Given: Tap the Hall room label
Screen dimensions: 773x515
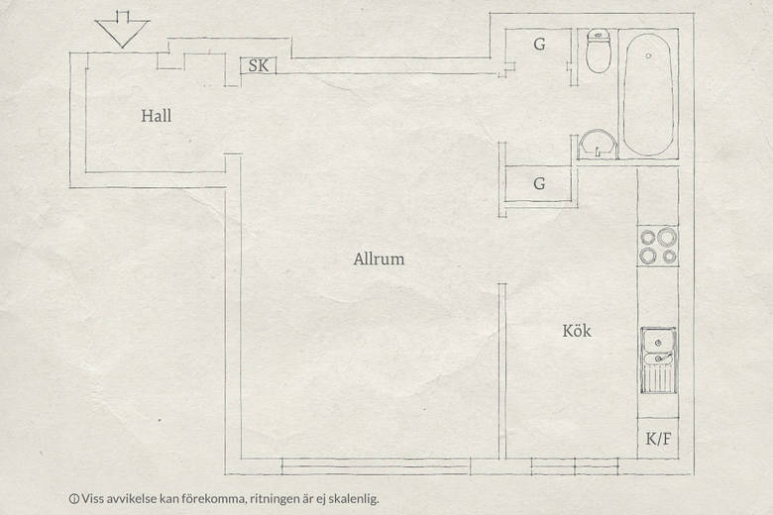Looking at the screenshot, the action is (157, 116).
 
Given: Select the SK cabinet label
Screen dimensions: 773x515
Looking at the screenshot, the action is (259, 65).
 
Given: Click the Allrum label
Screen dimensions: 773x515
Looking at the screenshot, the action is (379, 258).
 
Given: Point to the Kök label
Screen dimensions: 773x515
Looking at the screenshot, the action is (577, 331).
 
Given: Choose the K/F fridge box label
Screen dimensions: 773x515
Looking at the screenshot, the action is (659, 439).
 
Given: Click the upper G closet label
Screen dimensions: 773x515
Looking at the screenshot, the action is (539, 45).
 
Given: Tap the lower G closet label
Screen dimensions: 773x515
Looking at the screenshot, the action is (539, 184).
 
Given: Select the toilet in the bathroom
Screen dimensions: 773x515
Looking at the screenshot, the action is (599, 51).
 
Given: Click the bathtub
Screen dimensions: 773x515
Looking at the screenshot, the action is (648, 94).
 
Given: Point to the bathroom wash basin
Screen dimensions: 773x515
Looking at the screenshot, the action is (598, 144).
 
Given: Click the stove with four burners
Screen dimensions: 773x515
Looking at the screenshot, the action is (658, 246).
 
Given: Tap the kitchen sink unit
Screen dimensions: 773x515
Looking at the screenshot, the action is (658, 360).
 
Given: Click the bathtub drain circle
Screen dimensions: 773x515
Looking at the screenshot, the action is (649, 56).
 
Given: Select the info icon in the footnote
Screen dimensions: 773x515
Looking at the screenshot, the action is (74, 499).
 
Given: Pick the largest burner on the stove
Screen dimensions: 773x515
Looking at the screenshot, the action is (667, 237).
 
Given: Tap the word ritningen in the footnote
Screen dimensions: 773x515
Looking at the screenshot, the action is (274, 499).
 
